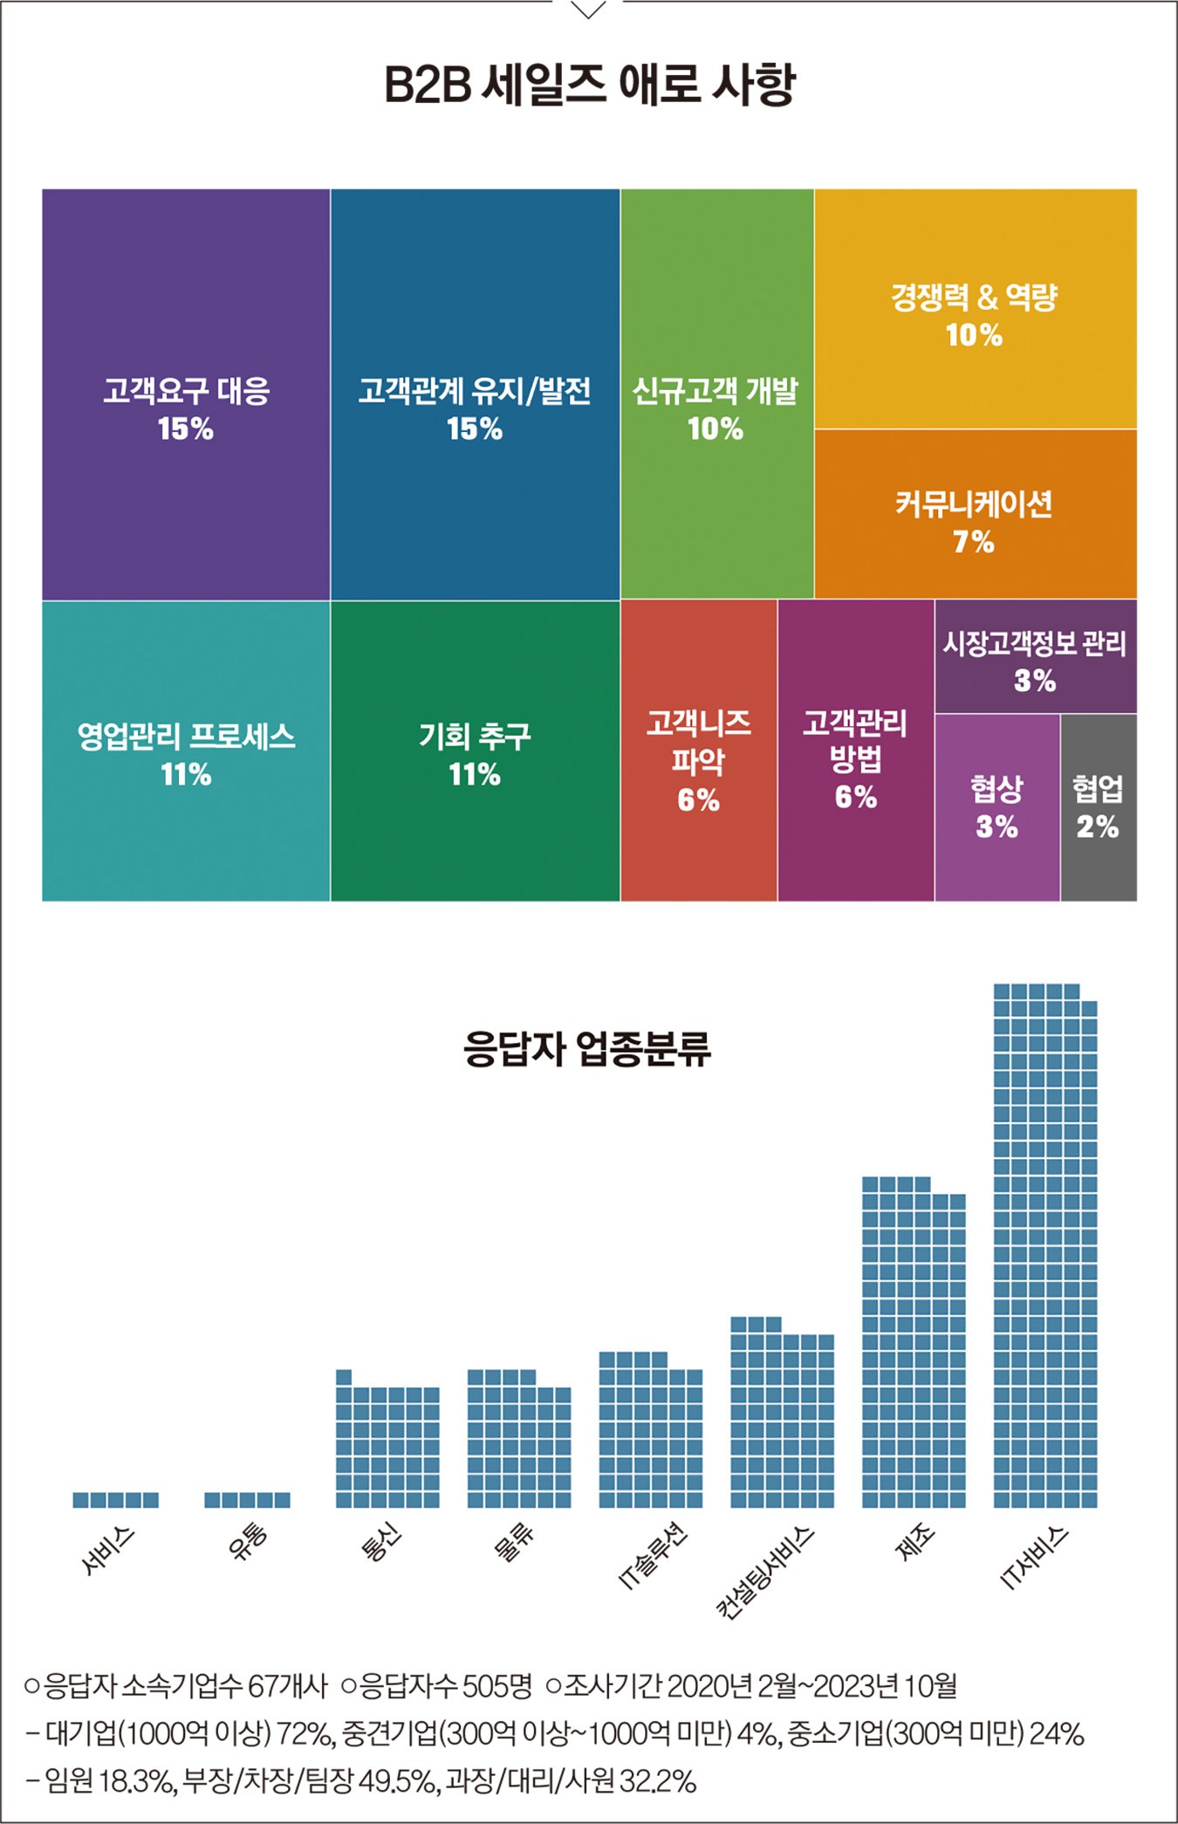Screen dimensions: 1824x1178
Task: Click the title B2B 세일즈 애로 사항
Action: click(589, 85)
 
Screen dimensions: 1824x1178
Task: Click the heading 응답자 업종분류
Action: click(587, 1048)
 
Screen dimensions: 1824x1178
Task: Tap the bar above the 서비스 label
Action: click(116, 1500)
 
